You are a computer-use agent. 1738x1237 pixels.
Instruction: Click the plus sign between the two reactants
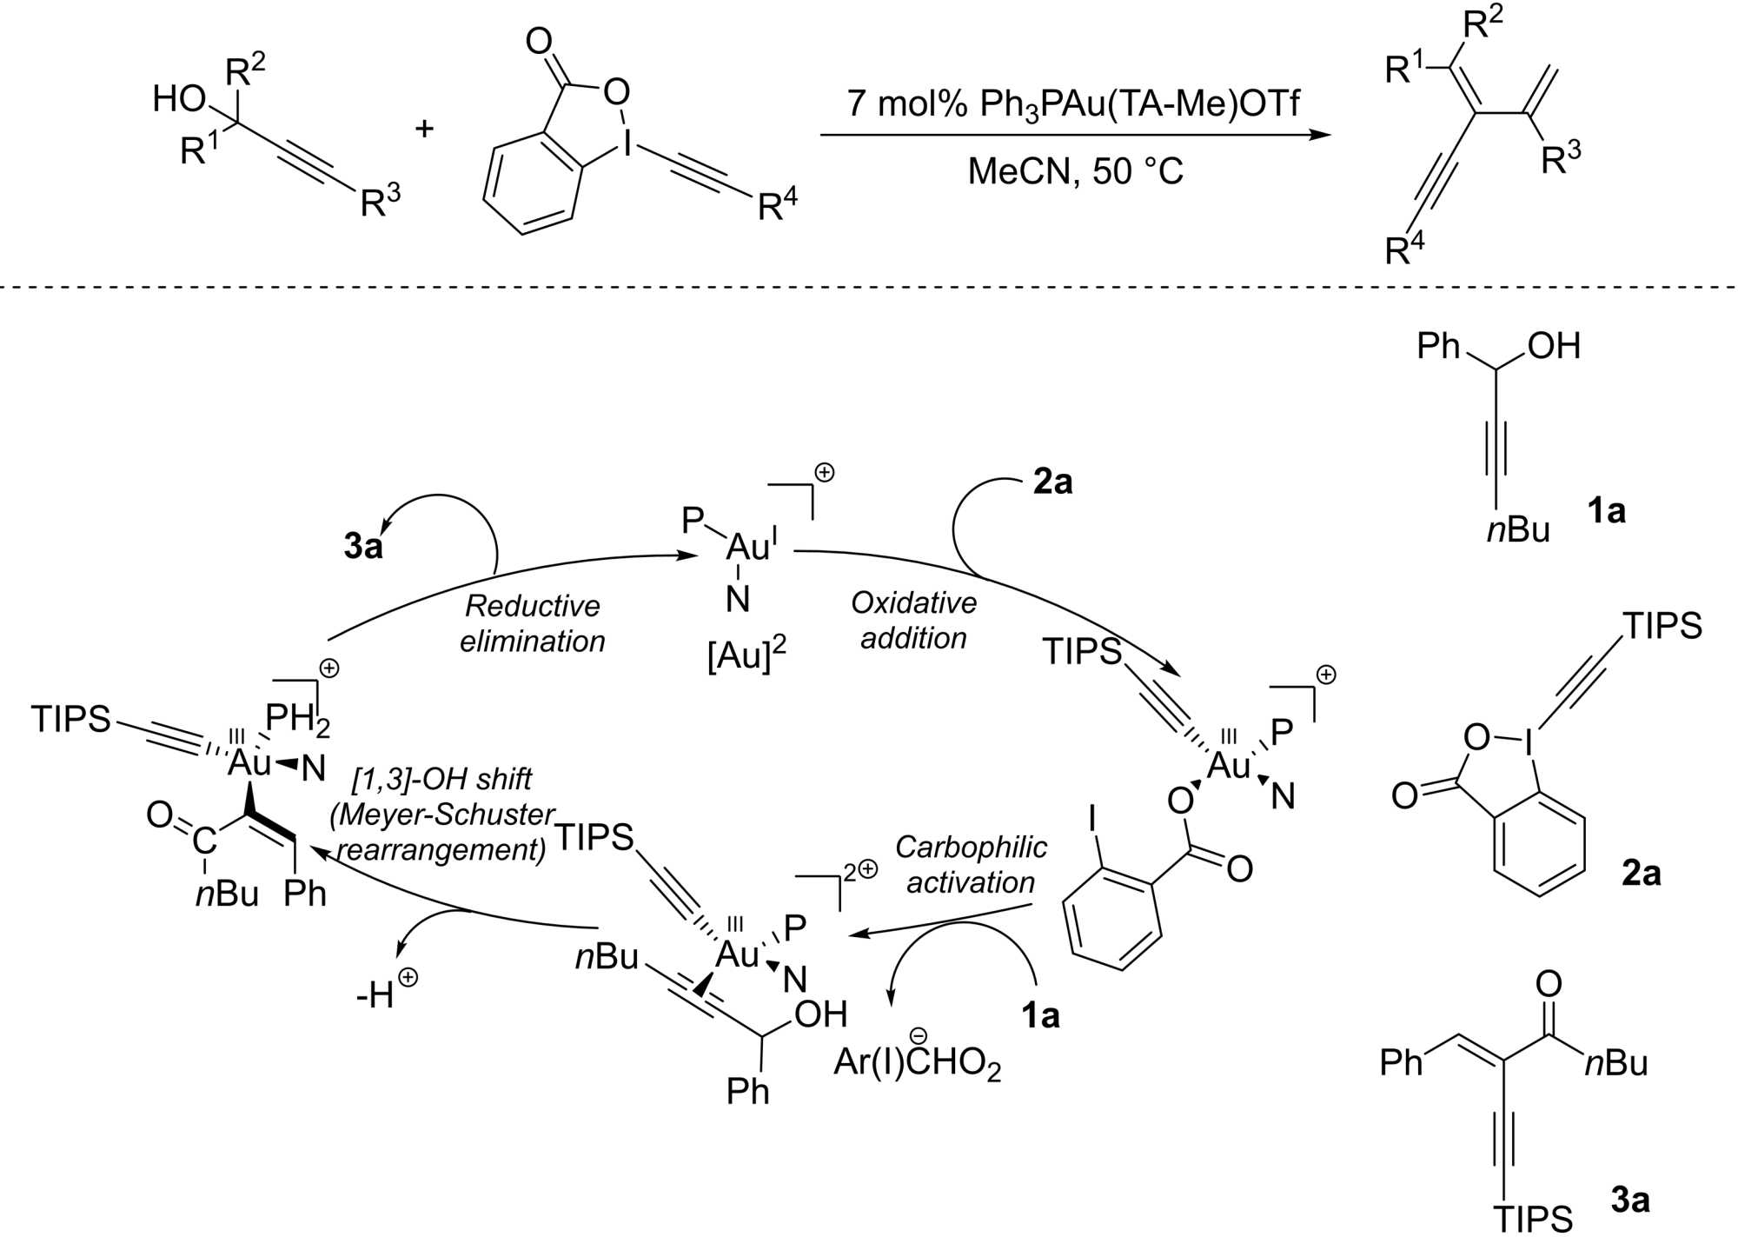click(424, 130)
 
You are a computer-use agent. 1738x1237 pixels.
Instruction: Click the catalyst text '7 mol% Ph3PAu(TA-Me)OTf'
click(1072, 104)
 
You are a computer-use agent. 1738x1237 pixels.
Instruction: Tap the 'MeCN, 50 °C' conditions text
click(1076, 171)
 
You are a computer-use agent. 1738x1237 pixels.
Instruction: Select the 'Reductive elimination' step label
click(532, 623)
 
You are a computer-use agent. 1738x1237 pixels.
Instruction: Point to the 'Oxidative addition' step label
click(913, 620)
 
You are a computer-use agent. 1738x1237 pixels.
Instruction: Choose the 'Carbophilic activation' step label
click(971, 864)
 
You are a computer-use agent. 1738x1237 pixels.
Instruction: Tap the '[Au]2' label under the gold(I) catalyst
click(746, 655)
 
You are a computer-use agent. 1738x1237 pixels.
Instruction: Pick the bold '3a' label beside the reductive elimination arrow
click(363, 546)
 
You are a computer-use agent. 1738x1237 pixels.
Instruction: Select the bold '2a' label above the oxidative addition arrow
click(1052, 481)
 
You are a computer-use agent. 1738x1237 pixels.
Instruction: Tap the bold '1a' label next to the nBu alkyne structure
click(1606, 510)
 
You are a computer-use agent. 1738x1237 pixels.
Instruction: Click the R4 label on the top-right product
click(1404, 248)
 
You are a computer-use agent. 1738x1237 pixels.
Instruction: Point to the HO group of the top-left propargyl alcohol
click(179, 99)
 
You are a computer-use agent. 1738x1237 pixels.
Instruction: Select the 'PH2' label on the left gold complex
click(297, 720)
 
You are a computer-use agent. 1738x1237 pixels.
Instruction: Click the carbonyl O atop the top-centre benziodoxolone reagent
click(539, 41)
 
